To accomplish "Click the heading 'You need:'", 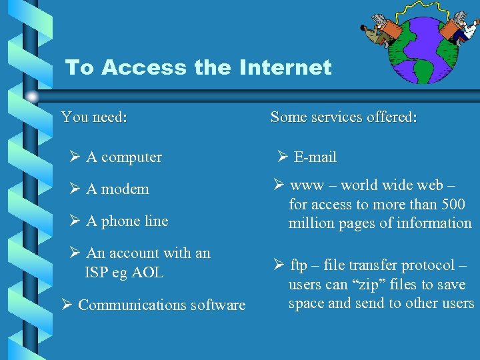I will [x=94, y=117].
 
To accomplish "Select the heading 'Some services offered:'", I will [x=343, y=117].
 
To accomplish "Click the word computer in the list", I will [x=131, y=157].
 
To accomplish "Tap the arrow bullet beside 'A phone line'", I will [x=75, y=221].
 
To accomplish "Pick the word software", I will [x=217, y=305].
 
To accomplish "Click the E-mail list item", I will [x=315, y=157].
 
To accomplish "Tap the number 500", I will [x=453, y=204].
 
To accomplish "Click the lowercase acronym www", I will [x=307, y=185].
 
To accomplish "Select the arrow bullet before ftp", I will [x=279, y=265].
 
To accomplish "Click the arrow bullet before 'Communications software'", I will [x=67, y=305].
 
